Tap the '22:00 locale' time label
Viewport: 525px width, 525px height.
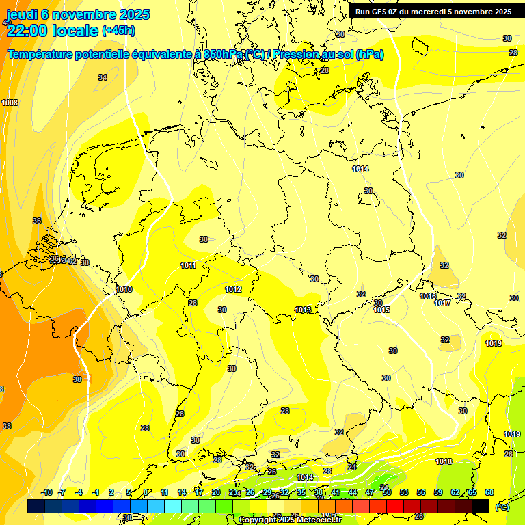click(x=52, y=30)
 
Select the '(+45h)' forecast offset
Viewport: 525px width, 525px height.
click(x=119, y=31)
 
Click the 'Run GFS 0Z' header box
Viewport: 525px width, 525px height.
click(x=433, y=12)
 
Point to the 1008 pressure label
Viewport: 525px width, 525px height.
click(x=10, y=103)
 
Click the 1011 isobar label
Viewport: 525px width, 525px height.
click(x=189, y=265)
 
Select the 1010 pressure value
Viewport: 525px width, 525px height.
click(x=124, y=289)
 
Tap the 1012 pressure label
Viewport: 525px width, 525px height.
click(x=233, y=289)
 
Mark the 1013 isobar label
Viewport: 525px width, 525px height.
click(x=303, y=310)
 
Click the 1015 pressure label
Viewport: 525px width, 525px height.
click(x=381, y=310)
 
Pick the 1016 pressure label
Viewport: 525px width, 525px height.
click(x=428, y=296)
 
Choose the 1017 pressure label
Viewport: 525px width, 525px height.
click(x=442, y=303)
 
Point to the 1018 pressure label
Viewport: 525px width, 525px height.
click(x=444, y=461)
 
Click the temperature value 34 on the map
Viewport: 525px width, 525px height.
click(x=103, y=77)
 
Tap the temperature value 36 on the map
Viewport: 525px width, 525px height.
click(x=37, y=221)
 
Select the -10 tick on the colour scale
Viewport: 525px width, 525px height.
click(x=47, y=492)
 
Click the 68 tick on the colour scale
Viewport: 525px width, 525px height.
click(x=489, y=492)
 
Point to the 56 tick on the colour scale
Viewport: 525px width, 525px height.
click(x=421, y=492)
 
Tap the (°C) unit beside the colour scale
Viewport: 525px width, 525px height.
click(x=502, y=507)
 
